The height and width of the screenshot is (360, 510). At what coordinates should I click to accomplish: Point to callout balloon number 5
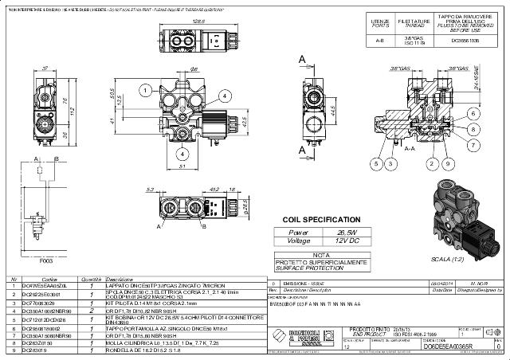(x=375, y=163)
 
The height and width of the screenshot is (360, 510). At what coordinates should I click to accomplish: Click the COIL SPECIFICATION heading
(x=323, y=219)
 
